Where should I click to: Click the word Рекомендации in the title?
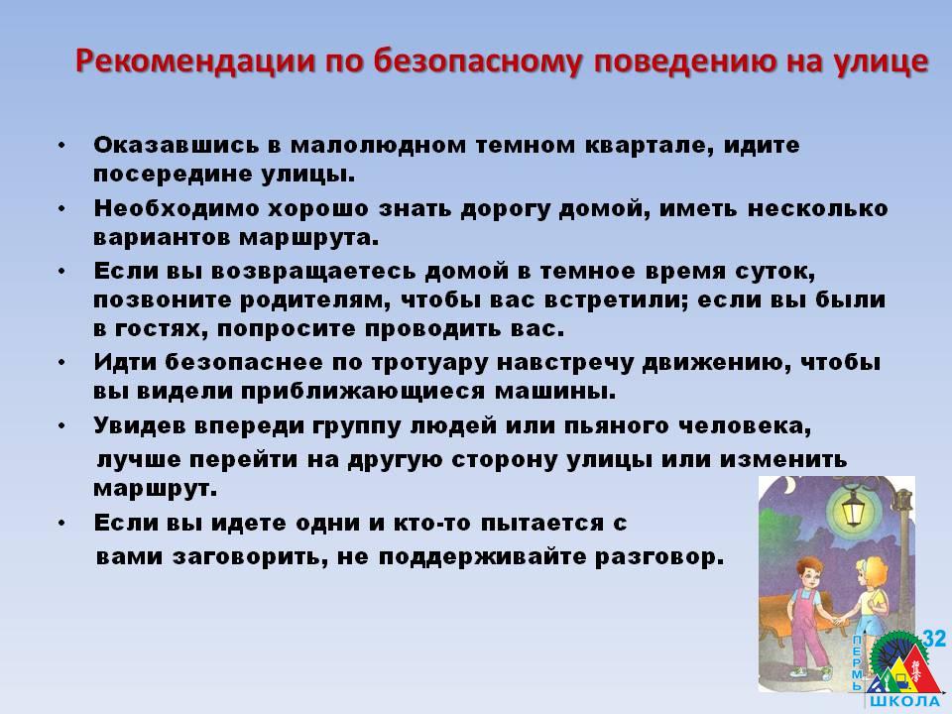(195, 61)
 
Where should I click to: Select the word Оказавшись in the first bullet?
(178, 145)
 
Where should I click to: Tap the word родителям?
(315, 300)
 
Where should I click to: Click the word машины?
(555, 392)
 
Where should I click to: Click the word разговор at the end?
(660, 557)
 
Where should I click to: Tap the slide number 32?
(934, 639)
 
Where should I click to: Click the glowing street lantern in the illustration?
(853, 508)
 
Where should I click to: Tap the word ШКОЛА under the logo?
(904, 702)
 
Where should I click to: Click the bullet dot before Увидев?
(61, 426)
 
